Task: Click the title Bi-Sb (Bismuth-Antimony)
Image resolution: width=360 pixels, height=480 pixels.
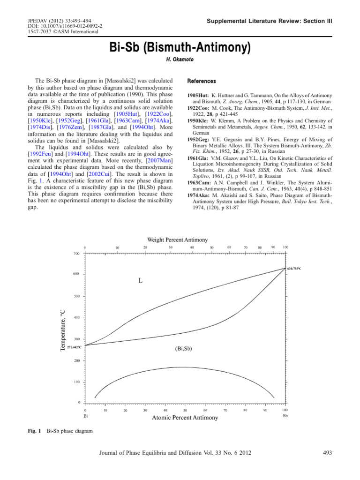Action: [180, 48]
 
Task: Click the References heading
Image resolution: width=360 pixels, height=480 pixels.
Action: [202, 81]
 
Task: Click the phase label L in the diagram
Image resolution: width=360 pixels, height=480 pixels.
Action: [140, 281]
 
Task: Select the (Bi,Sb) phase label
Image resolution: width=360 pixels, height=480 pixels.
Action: [183, 348]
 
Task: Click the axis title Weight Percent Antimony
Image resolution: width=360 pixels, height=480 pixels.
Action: [178, 240]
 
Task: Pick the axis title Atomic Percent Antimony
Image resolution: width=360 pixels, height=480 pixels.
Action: [185, 418]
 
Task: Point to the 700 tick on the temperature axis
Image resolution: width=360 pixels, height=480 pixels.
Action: [76, 254]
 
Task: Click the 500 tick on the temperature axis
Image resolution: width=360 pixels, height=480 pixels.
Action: [76, 296]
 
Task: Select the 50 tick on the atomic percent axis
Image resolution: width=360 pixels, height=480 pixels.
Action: [185, 410]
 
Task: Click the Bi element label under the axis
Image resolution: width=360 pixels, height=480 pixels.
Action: [85, 416]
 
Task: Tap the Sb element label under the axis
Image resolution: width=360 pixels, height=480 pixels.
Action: [285, 416]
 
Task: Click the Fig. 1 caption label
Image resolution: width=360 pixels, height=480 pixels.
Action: [34, 430]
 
